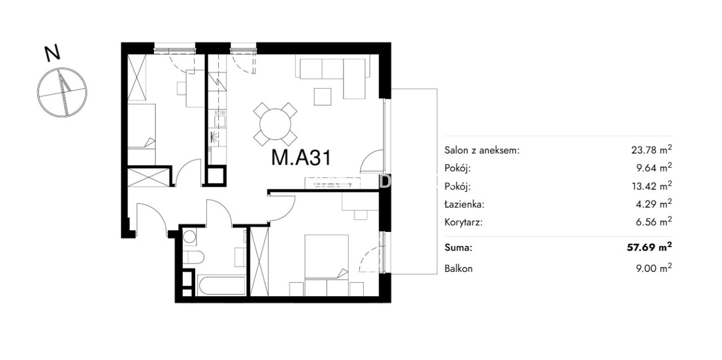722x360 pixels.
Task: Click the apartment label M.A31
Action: click(301, 158)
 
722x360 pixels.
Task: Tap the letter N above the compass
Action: click(52, 53)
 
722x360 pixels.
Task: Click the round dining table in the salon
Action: click(275, 124)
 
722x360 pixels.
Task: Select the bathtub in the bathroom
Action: click(222, 286)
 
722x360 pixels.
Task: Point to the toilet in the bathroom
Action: click(193, 258)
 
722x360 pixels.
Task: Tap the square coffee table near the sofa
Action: click(323, 96)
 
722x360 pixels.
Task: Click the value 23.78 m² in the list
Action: click(651, 150)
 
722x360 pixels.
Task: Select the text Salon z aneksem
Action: click(482, 150)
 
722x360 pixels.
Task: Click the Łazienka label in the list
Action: click(464, 204)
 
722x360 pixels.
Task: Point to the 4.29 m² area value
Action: click(654, 204)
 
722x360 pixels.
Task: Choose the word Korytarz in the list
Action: click(464, 222)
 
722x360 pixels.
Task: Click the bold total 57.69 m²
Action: click(649, 247)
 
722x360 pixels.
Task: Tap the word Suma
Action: click(459, 248)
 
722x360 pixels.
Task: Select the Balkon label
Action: click(459, 269)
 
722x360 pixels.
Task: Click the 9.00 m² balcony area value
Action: click(654, 268)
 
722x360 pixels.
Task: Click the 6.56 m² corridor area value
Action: click(654, 222)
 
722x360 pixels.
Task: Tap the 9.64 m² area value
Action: click(654, 168)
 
